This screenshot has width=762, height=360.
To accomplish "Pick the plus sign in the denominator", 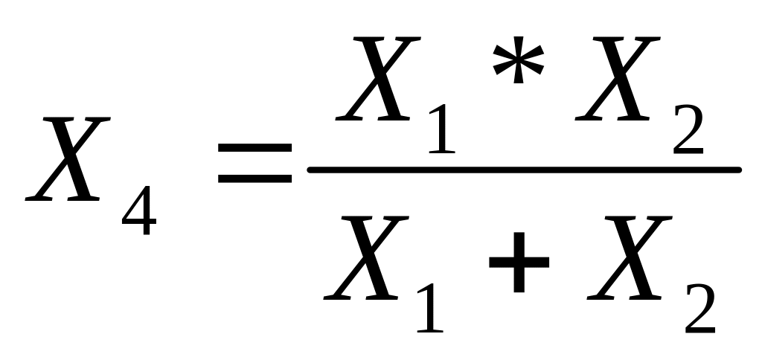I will click(519, 265).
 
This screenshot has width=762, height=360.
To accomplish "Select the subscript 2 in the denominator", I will click(698, 306).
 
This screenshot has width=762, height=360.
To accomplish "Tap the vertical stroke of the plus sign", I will click(519, 265).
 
